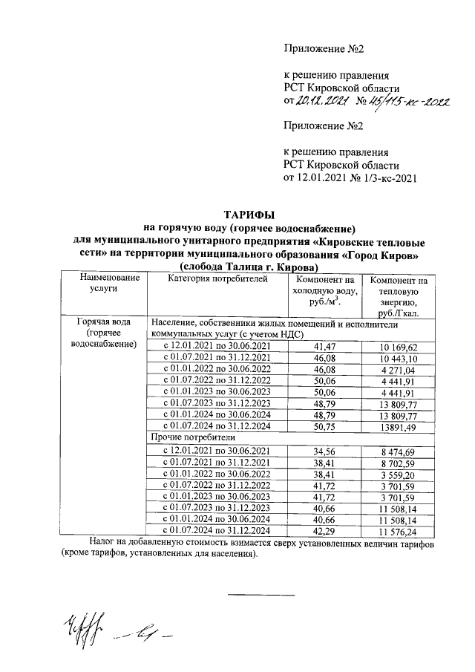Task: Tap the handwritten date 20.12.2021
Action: pyautogui.click(x=321, y=102)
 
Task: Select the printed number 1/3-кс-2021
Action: pyautogui.click(x=386, y=178)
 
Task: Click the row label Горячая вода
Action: pyautogui.click(x=104, y=323)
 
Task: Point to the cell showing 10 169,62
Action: pyautogui.click(x=399, y=347)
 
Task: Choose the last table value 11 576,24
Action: pyautogui.click(x=399, y=531)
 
